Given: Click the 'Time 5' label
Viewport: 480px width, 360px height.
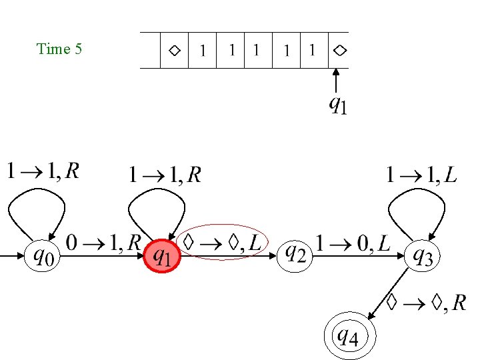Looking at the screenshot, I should (x=59, y=49).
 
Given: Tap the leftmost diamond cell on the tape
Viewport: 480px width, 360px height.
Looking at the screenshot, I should (x=174, y=50).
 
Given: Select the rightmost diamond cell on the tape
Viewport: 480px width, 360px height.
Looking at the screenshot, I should (x=339, y=50).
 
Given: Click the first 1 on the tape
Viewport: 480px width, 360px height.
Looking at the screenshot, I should (x=203, y=51).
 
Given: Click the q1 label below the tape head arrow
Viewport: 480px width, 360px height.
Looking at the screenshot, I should (x=338, y=105).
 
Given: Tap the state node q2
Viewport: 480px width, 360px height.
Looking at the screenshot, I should (x=294, y=254).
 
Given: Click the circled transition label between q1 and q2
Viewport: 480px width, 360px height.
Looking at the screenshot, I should (x=225, y=243).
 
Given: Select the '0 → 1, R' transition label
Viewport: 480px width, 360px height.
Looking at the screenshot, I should (x=103, y=243).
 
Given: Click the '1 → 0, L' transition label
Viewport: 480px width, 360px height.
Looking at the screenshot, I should (x=353, y=243).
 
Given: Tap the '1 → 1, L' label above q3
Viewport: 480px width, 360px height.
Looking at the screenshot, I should (x=422, y=175).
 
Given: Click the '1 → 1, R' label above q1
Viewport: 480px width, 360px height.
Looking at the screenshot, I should (x=165, y=175).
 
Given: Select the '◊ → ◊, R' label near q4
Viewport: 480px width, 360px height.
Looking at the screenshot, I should (x=427, y=304).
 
